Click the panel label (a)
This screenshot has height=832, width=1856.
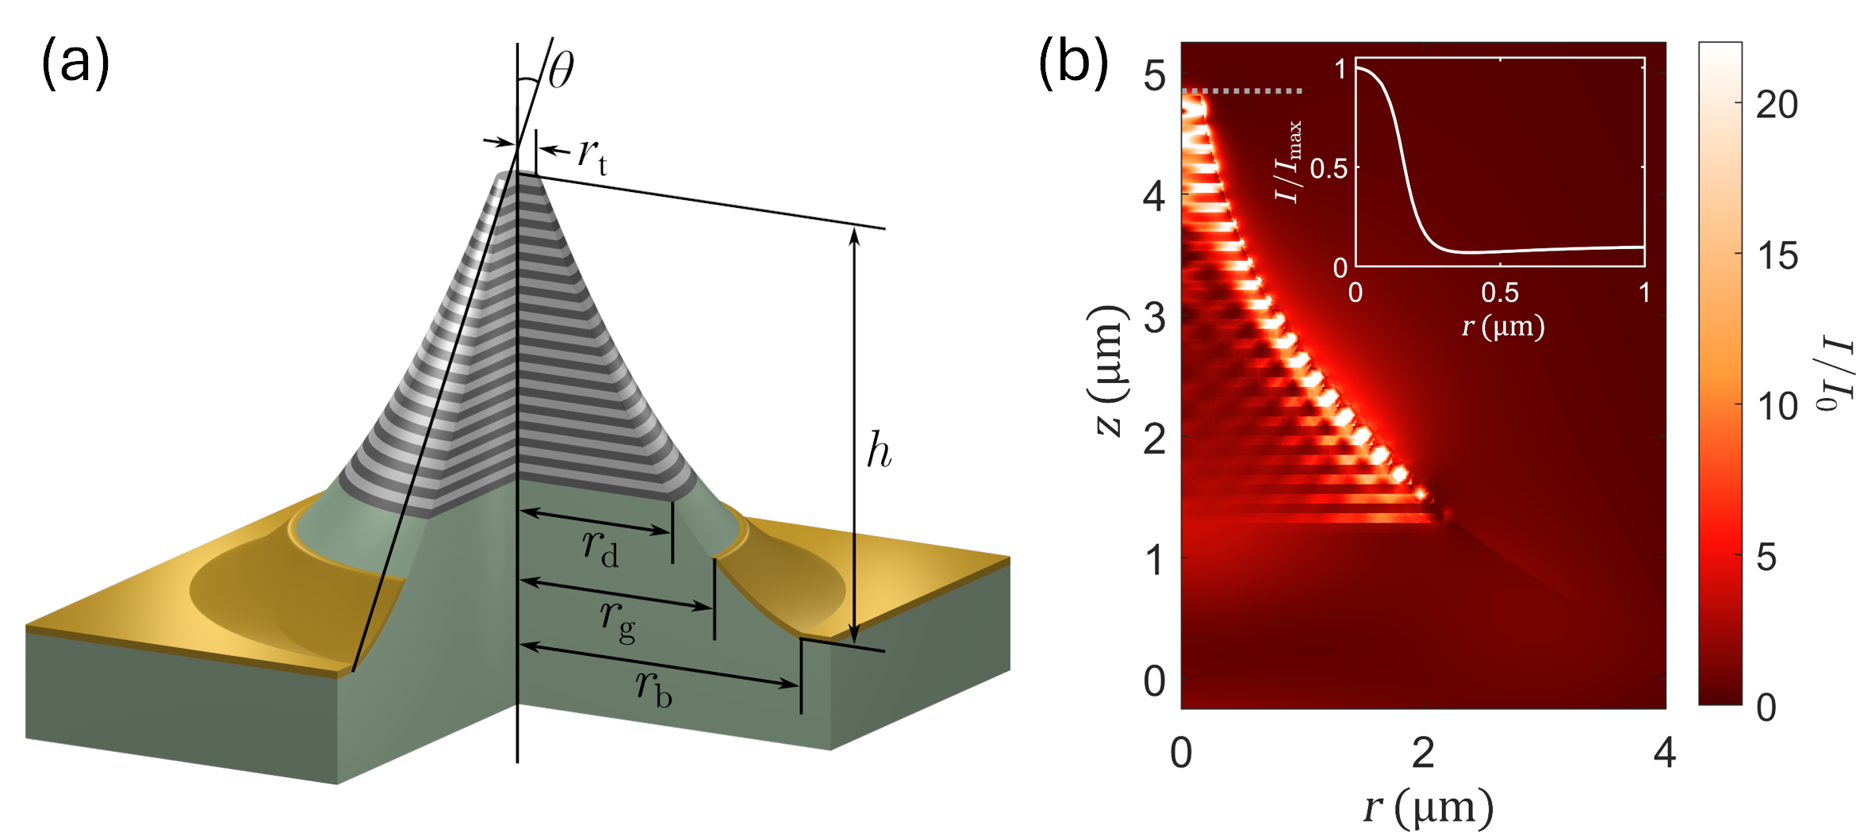pos(75,63)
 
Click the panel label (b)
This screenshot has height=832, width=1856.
pos(1072,63)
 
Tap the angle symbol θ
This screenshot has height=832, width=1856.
pos(561,70)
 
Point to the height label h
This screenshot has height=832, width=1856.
pos(879,451)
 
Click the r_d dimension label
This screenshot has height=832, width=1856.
pos(600,548)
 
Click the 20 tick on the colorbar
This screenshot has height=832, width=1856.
pos(1777,105)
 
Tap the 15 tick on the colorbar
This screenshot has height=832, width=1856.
pos(1777,255)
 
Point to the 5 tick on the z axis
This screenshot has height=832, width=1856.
pos(1154,76)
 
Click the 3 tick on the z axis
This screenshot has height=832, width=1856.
pos(1154,318)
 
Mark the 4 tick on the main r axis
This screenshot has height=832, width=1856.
pos(1664,752)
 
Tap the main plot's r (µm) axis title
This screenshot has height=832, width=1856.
pos(1428,807)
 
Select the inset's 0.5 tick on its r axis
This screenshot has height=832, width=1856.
pos(1500,293)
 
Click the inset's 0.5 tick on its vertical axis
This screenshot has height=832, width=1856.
pos(1329,168)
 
